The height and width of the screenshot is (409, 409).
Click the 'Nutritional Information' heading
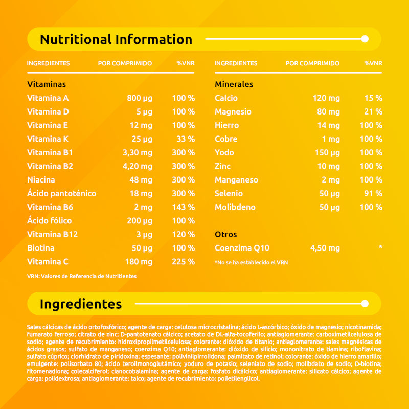(116, 39)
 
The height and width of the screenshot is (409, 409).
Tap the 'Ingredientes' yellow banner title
(81, 304)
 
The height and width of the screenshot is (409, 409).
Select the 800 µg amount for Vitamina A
(140, 98)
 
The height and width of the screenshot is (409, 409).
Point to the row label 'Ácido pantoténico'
(61, 193)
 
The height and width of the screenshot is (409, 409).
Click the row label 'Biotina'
(41, 248)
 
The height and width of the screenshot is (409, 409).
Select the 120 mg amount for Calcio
(326, 98)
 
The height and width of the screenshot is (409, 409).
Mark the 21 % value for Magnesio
(373, 111)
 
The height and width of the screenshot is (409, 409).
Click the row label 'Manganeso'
(236, 180)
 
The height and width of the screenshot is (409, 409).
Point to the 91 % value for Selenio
(373, 193)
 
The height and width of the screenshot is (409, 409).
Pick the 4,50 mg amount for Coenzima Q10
(325, 248)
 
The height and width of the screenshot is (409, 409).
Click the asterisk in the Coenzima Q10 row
(380, 248)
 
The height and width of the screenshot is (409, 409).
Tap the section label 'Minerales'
(234, 84)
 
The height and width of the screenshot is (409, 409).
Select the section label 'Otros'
(225, 234)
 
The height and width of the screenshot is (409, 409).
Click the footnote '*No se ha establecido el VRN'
(252, 262)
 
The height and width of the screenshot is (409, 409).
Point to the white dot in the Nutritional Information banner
(365, 39)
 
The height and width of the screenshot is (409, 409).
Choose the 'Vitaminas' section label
(47, 84)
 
